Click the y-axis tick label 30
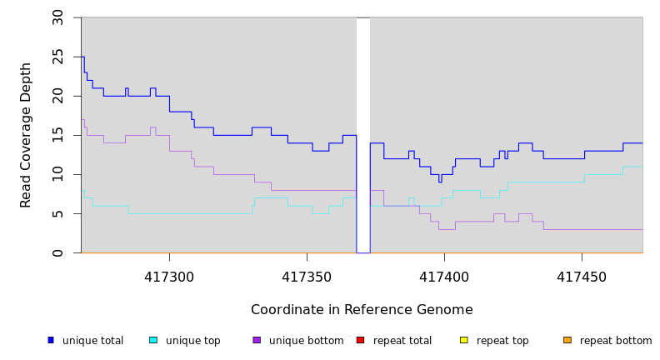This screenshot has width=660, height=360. click(57, 17)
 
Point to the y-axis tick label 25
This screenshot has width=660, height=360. click(57, 57)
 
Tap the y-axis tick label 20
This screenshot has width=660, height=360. click(57, 96)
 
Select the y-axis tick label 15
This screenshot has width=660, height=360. click(57, 135)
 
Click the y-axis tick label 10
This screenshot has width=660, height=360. click(57, 174)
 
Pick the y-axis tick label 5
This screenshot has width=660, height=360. click(57, 213)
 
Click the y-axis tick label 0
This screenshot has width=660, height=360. click(57, 252)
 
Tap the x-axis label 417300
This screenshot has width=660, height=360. click(169, 277)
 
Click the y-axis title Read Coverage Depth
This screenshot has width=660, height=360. click(26, 135)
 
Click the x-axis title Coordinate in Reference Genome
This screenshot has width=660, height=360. click(362, 310)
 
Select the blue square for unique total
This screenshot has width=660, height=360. click(51, 340)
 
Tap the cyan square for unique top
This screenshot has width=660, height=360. click(153, 340)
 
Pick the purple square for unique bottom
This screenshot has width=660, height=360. click(257, 340)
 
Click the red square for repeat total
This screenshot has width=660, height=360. click(360, 340)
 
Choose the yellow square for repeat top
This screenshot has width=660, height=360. click(463, 340)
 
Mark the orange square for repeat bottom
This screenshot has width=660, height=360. click(567, 340)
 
